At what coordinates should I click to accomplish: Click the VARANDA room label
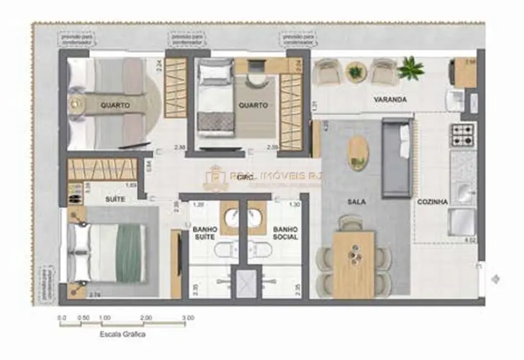point(390,100)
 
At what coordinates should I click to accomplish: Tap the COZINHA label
point(433,202)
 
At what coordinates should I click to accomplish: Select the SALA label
point(357,202)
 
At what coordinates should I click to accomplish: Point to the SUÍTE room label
point(115,199)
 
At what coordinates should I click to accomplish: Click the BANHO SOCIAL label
point(285,233)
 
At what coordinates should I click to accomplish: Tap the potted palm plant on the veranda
point(410,68)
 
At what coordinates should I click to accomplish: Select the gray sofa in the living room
point(397,158)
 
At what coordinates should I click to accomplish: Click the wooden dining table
point(353,264)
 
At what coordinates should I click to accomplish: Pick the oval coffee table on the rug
point(358,153)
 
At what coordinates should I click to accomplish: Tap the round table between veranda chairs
point(355,72)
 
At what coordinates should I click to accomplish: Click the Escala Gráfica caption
point(122,334)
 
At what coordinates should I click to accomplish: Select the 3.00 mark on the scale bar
point(188,318)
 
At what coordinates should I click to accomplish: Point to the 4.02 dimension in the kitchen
point(470,240)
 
